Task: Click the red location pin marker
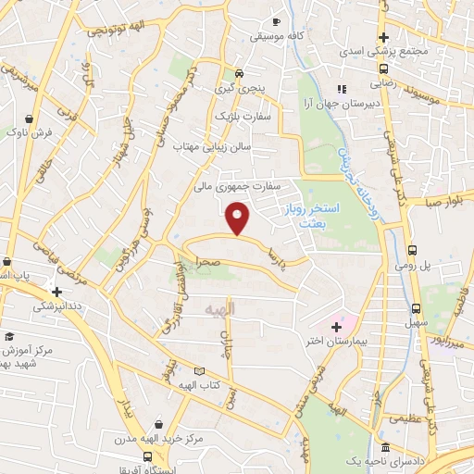(239, 218)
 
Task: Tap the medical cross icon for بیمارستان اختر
(336, 328)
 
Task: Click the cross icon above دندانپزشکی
(57, 291)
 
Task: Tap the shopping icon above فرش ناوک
(31, 119)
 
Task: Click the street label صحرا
(206, 262)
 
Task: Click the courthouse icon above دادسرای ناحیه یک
(385, 447)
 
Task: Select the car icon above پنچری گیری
(239, 73)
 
